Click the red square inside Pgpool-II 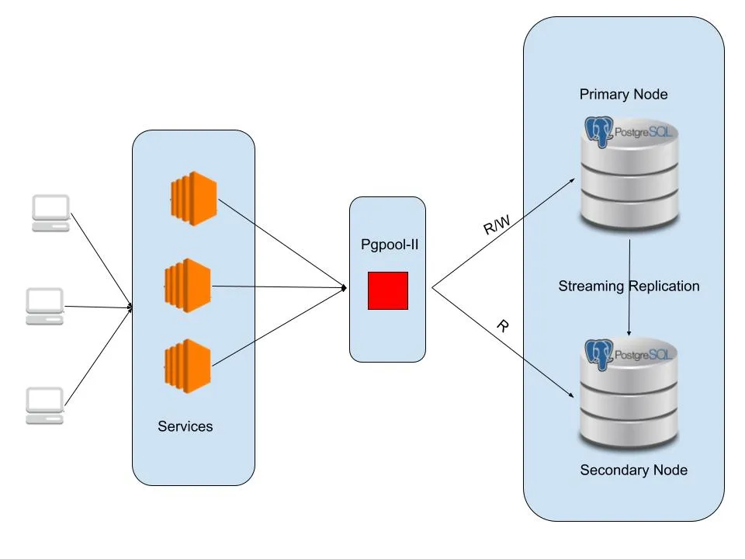pyautogui.click(x=388, y=290)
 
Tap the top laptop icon pyautogui.click(x=51, y=213)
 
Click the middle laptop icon pyautogui.click(x=45, y=306)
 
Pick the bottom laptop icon pyautogui.click(x=45, y=405)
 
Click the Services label pyautogui.click(x=185, y=426)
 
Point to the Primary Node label pyautogui.click(x=623, y=95)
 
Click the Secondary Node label pyautogui.click(x=633, y=470)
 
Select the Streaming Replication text pyautogui.click(x=629, y=286)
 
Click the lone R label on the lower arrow pyautogui.click(x=502, y=326)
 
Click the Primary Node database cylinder pyautogui.click(x=629, y=179)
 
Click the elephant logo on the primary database pyautogui.click(x=599, y=131)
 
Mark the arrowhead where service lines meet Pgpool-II pyautogui.click(x=344, y=289)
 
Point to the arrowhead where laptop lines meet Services pyautogui.click(x=130, y=307)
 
